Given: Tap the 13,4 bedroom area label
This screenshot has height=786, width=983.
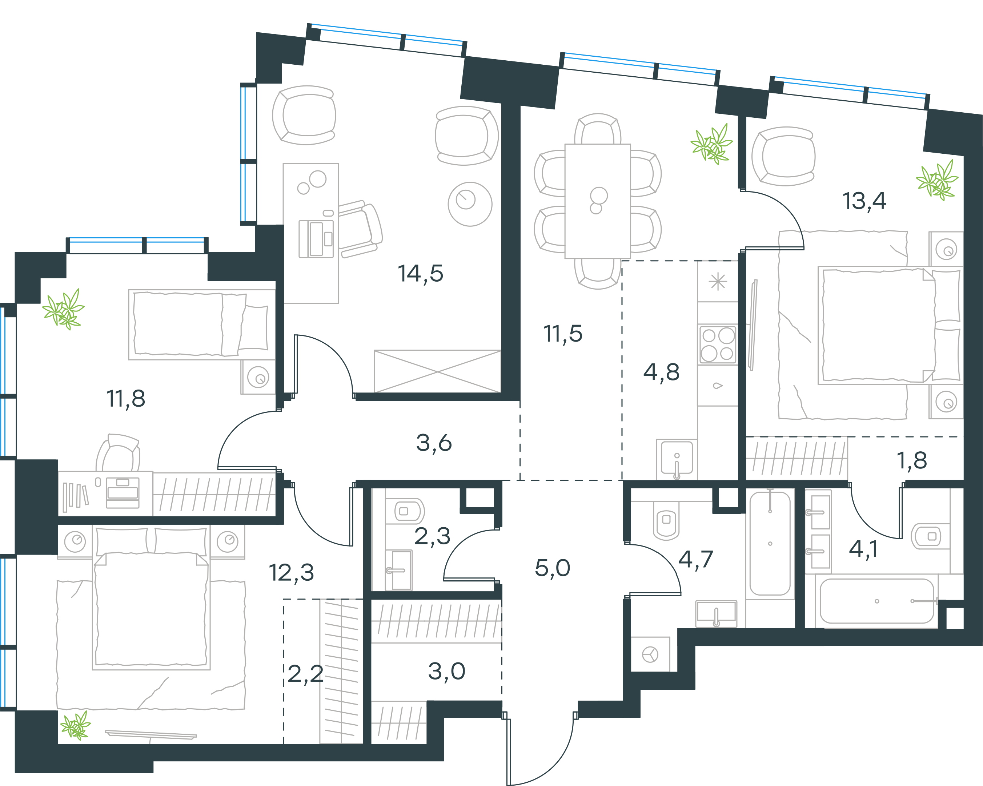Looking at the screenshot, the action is [864, 201].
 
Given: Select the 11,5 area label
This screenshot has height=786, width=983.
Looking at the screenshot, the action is [563, 334].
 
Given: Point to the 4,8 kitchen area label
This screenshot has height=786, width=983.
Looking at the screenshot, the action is [661, 372].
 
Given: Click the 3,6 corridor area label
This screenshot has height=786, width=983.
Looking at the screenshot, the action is [434, 443].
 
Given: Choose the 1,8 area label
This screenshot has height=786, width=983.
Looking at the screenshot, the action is [911, 461].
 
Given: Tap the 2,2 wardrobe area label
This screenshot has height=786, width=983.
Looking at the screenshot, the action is [305, 674].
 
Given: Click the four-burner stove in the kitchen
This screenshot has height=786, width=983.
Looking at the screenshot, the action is [718, 344].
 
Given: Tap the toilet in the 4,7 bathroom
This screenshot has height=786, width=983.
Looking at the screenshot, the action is [666, 520].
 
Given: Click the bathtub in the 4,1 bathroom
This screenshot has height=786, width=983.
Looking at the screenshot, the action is [877, 601].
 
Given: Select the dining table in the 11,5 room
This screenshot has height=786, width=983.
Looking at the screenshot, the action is [598, 201].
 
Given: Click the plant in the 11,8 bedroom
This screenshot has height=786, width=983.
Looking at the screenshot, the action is [63, 309].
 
